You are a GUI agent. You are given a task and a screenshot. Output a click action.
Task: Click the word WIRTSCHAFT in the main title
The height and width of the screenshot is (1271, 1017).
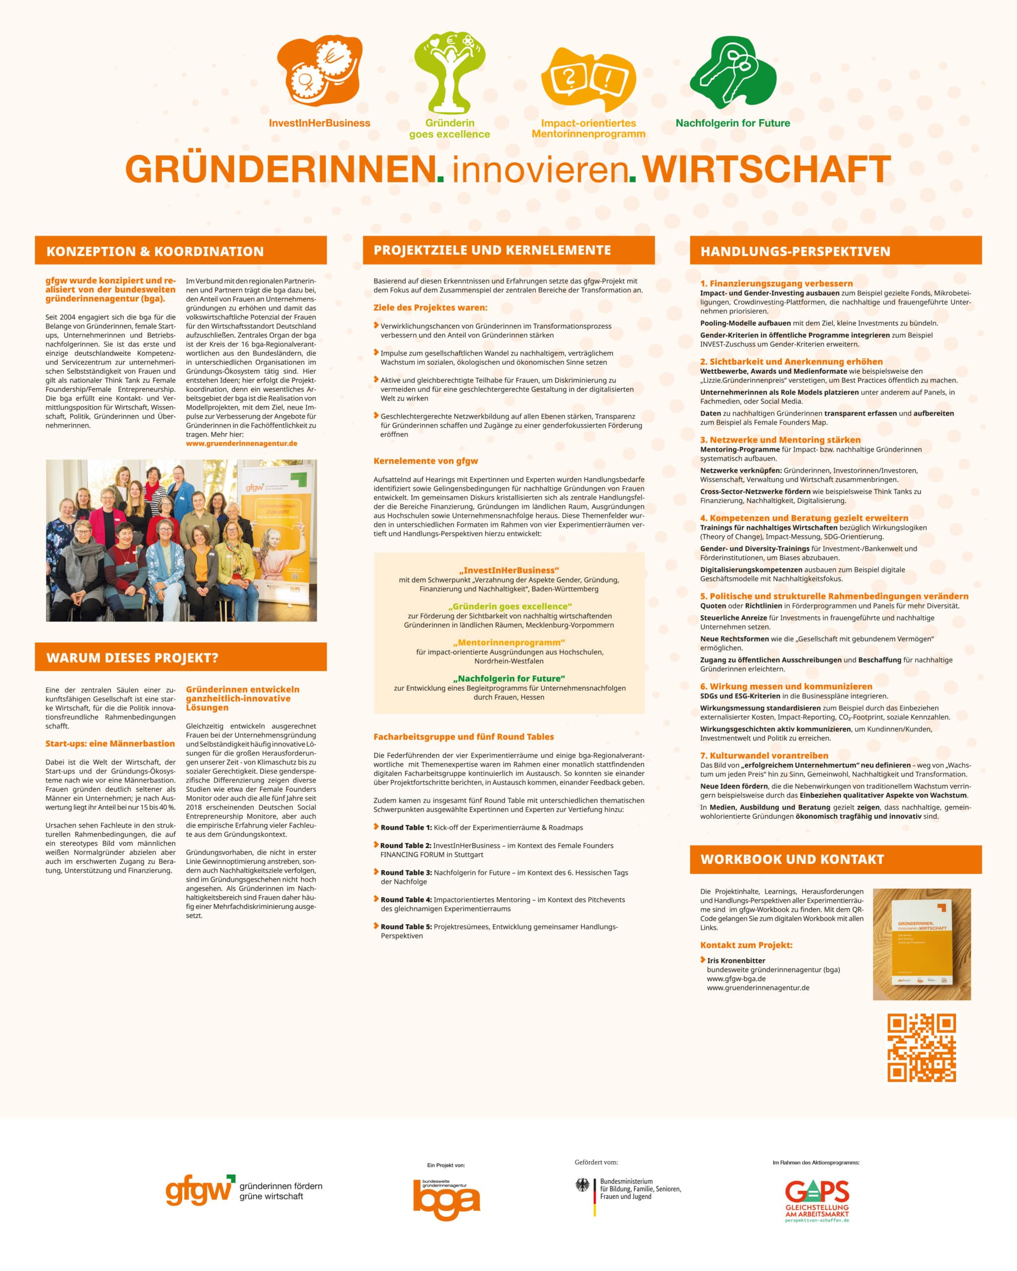pyautogui.click(x=766, y=169)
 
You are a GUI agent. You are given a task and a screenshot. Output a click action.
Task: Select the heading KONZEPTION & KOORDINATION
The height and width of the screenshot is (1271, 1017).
pyautogui.click(x=155, y=251)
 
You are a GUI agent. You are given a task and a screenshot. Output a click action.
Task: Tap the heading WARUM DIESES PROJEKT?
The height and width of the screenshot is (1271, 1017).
pyautogui.click(x=132, y=657)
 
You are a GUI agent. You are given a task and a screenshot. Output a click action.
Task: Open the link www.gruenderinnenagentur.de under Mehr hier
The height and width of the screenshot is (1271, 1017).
pyautogui.click(x=242, y=443)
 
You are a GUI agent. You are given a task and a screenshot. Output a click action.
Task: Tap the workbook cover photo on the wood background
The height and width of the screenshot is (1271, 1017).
pyautogui.click(x=922, y=944)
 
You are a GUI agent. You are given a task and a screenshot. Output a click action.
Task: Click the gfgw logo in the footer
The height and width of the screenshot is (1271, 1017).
pyautogui.click(x=201, y=1191)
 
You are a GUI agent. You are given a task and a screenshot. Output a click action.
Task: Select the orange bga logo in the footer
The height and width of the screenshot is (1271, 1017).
pyautogui.click(x=446, y=1199)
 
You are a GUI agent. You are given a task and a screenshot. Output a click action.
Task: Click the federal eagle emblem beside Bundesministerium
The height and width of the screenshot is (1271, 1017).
pyautogui.click(x=582, y=1186)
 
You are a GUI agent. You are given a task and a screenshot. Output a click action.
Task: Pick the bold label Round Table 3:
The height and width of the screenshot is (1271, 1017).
pyautogui.click(x=406, y=872)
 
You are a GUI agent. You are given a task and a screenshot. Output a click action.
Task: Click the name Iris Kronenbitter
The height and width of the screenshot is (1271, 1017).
pyautogui.click(x=736, y=960)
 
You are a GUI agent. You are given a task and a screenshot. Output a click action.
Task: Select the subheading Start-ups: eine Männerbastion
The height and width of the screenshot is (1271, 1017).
pyautogui.click(x=110, y=743)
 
